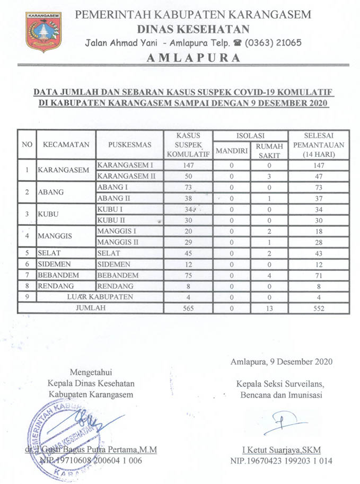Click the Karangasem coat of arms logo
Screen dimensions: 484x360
pyautogui.click(x=43, y=32)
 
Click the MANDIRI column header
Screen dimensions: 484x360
pyautogui.click(x=232, y=150)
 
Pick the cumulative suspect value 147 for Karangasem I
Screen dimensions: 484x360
pyautogui.click(x=188, y=165)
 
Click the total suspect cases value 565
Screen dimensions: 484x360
pyautogui.click(x=188, y=307)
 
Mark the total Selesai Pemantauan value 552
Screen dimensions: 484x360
pyautogui.click(x=318, y=307)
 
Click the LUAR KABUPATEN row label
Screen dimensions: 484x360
pyautogui.click(x=100, y=296)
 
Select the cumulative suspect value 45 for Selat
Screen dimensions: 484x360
pyautogui.click(x=188, y=253)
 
